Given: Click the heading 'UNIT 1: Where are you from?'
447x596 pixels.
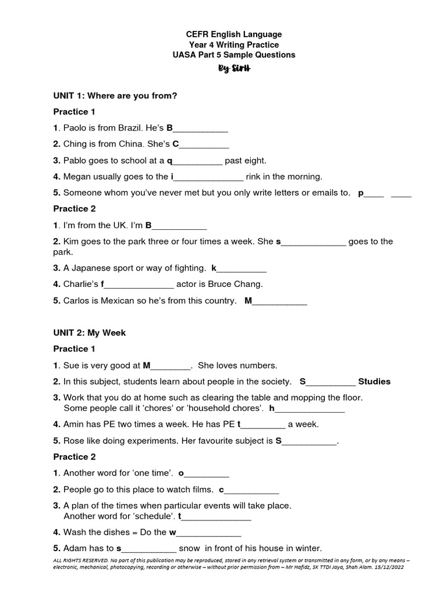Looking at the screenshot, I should pyautogui.click(x=115, y=95).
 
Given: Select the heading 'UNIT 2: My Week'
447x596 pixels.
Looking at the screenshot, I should pyautogui.click(x=90, y=333).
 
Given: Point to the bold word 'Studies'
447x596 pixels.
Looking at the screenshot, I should pyautogui.click(x=374, y=382).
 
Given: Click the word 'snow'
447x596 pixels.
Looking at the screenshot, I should pyautogui.click(x=189, y=548).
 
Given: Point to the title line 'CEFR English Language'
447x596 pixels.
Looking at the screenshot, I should pyautogui.click(x=233, y=35).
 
